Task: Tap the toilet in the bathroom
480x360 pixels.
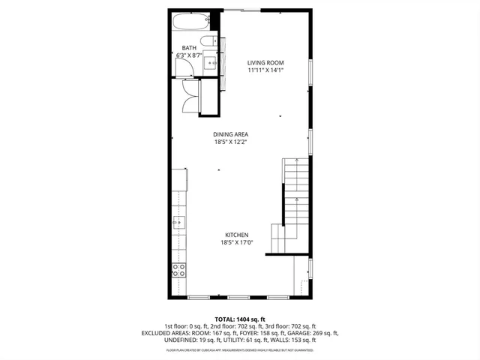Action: [209, 40]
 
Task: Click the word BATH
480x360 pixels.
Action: [189, 48]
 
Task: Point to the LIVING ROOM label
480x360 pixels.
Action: [265, 62]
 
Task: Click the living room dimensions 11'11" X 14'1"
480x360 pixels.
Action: [265, 70]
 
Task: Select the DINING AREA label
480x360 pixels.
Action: [230, 134]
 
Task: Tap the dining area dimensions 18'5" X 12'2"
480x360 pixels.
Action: [230, 142]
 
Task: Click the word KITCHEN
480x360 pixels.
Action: [235, 235]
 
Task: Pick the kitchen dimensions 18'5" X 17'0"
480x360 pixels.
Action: [235, 242]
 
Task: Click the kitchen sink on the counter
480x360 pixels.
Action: [178, 221]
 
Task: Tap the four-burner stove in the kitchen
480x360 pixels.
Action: [179, 270]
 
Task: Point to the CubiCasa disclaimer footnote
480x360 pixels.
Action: [240, 349]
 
